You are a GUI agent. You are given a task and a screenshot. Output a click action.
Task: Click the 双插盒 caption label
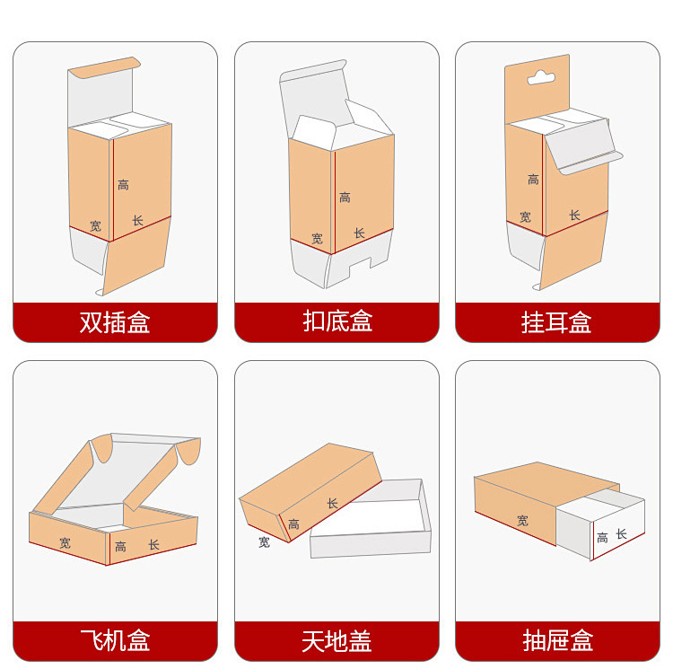pyautogui.click(x=115, y=322)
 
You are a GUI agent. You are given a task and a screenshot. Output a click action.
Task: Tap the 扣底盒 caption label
pyautogui.click(x=336, y=322)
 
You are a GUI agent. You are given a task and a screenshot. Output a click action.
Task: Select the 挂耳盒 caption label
pyautogui.click(x=557, y=322)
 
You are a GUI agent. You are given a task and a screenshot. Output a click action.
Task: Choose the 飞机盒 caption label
pyautogui.click(x=115, y=640)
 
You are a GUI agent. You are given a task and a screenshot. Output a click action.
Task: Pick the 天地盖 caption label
pyautogui.click(x=336, y=640)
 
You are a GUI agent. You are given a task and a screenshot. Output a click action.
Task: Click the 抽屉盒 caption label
pyautogui.click(x=557, y=640)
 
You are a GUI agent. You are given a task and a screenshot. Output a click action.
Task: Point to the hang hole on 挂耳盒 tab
pyautogui.click(x=540, y=77)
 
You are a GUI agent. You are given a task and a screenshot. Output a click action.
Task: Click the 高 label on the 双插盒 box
pyautogui.click(x=123, y=185)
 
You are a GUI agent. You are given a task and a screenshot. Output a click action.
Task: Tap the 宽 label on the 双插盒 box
pyautogui.click(x=95, y=225)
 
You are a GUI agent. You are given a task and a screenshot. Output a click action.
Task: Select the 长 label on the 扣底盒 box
pyautogui.click(x=359, y=233)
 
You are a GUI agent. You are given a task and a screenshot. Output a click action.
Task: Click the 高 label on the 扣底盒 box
pyautogui.click(x=345, y=198)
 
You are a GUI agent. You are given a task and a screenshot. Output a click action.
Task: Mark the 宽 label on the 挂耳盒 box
pyautogui.click(x=525, y=217)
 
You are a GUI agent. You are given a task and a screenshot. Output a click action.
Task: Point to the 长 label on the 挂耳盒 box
pyautogui.click(x=574, y=216)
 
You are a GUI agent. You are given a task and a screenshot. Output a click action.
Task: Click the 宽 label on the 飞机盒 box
pyautogui.click(x=65, y=542)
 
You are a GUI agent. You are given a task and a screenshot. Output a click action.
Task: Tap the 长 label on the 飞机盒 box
pyautogui.click(x=153, y=544)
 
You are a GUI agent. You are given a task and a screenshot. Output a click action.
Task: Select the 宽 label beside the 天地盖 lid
pyautogui.click(x=264, y=542)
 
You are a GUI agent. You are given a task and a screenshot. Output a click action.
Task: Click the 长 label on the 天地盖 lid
pyautogui.click(x=332, y=504)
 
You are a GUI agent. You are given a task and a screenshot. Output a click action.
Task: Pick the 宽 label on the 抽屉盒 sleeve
pyautogui.click(x=522, y=520)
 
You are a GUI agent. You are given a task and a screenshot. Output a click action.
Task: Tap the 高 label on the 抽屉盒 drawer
pyautogui.click(x=602, y=538)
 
